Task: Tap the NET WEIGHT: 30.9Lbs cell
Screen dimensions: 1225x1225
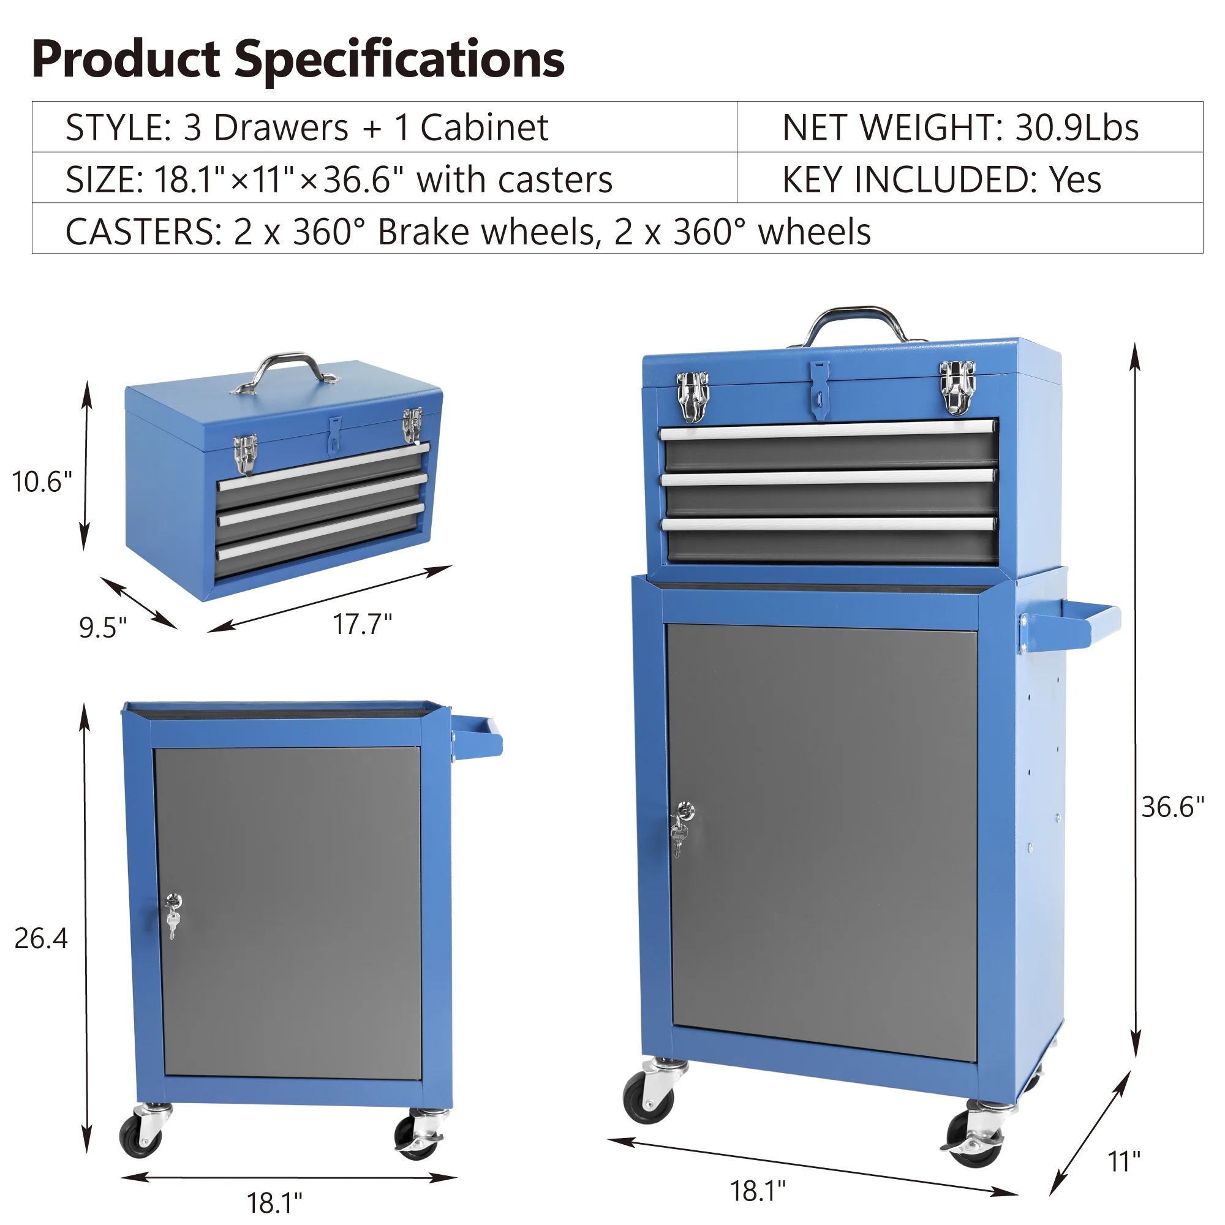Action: pos(960,127)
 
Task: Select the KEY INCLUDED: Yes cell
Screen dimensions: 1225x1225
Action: pos(941,179)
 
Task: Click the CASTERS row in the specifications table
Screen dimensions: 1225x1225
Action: pos(468,232)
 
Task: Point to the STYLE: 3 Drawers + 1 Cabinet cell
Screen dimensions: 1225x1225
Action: pos(307,127)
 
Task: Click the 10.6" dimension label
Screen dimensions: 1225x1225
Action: pos(42,482)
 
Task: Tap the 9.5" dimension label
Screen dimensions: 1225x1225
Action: pos(103,627)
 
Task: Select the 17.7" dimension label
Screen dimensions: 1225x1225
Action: pos(363,624)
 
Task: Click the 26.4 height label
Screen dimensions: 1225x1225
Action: pos(40,938)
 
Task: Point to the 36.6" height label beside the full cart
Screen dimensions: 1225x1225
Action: pos(1172,807)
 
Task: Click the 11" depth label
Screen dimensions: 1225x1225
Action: pos(1124,1161)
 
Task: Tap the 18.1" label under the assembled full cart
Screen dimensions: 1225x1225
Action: pos(758,1191)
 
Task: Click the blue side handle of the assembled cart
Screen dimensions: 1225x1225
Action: pos(1071,628)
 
